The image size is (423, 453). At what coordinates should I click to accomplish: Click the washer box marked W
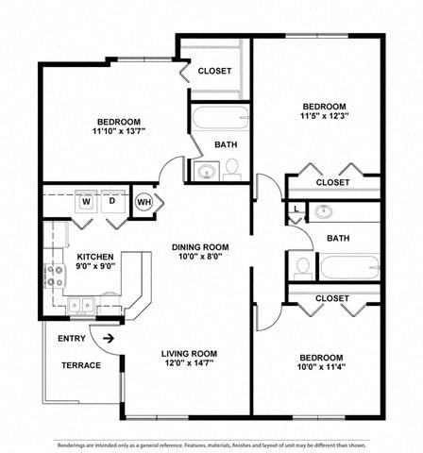(x=86, y=201)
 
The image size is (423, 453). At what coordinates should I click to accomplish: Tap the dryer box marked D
(x=111, y=201)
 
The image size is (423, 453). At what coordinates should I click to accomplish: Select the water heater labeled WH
(x=144, y=202)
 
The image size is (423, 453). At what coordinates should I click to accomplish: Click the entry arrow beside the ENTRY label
(x=109, y=338)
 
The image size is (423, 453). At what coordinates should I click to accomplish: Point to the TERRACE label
(x=81, y=364)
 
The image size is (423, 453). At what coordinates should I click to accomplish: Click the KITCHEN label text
(x=95, y=257)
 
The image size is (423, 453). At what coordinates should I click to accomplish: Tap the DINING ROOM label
(x=201, y=247)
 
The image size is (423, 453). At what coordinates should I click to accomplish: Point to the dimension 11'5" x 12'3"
(x=324, y=117)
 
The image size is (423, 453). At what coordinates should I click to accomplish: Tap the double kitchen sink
(x=82, y=304)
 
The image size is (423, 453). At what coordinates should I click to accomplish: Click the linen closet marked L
(x=296, y=210)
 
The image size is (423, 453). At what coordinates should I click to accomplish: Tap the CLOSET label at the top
(x=215, y=71)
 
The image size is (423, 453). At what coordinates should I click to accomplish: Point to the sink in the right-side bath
(x=325, y=211)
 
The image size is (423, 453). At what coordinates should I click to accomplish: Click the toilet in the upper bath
(x=232, y=168)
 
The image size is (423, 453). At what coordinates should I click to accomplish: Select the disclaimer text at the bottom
(x=211, y=444)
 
